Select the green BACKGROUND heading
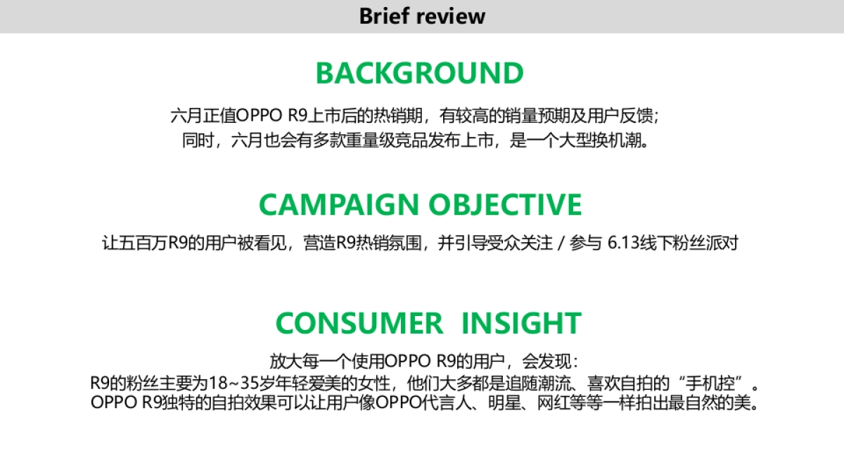tap(420, 73)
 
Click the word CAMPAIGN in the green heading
tap(338, 204)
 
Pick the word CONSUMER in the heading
tap(359, 323)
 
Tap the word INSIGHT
tap(520, 323)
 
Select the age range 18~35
tap(217, 384)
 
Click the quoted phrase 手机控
tap(721, 384)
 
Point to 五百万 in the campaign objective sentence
tap(143, 244)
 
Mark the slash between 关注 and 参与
tap(560, 244)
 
